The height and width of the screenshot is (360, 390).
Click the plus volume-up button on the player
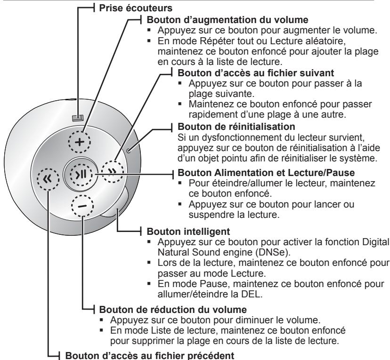pos(79,142)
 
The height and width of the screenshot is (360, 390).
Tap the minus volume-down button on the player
pos(82,206)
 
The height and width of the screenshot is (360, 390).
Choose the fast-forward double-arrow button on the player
pos(113,171)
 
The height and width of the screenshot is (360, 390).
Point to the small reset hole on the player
pos(128,150)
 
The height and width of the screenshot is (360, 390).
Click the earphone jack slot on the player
pos(78,118)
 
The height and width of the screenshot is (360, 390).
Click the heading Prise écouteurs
pos(136,8)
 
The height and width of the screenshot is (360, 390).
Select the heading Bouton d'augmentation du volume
pos(227,20)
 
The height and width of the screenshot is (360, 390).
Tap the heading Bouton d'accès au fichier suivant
pos(256,73)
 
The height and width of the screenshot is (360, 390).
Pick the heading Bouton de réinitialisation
pos(236,127)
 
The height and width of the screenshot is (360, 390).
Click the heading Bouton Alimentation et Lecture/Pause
pos(266,172)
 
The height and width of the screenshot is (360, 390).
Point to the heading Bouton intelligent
pos(188,232)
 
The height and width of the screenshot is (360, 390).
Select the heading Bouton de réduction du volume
pos(173,310)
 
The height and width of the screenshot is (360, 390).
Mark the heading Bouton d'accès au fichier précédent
pos(149,355)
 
